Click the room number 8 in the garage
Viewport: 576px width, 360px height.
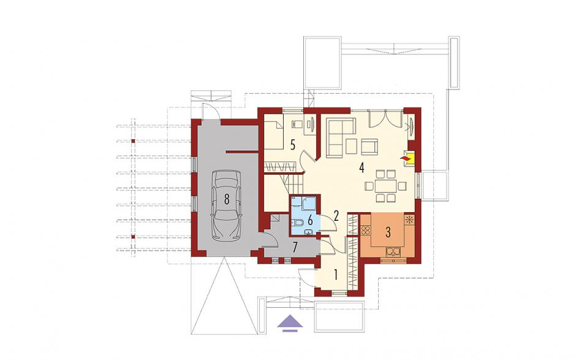tap(227, 200)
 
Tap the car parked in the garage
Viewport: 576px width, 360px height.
tap(226, 205)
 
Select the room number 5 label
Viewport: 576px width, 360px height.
tap(292, 145)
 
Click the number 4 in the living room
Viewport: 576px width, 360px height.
tap(362, 168)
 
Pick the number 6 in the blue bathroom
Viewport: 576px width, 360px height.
tap(310, 221)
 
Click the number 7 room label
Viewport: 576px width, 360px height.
tap(295, 248)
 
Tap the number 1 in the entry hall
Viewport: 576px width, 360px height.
tap(335, 275)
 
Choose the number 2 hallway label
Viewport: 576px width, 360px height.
tap(336, 215)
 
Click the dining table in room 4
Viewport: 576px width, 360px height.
tap(385, 186)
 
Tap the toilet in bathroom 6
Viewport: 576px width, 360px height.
tap(298, 223)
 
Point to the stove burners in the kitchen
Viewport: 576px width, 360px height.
tap(365, 231)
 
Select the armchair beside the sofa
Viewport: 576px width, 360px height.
tap(369, 147)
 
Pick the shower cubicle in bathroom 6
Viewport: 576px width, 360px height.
tap(308, 203)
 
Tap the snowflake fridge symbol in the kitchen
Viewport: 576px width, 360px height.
tap(409, 220)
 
